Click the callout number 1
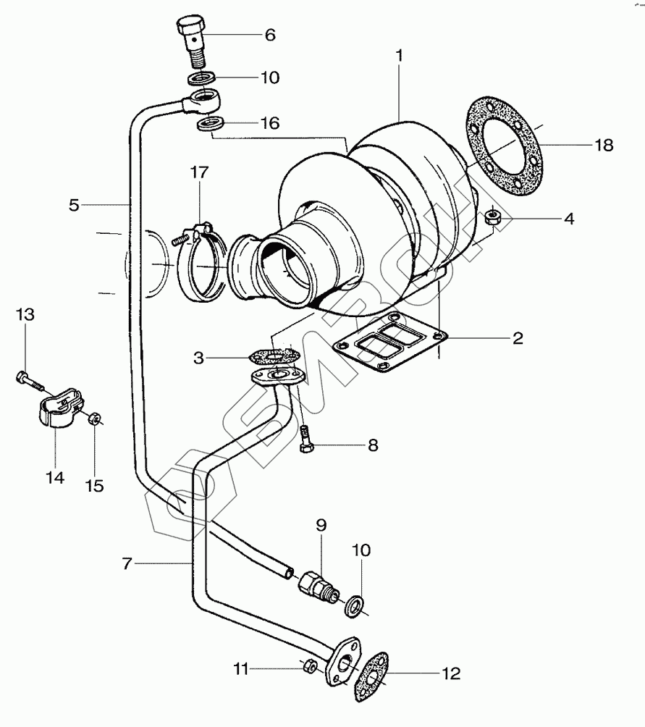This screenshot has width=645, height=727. click(399, 56)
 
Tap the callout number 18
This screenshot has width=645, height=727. click(604, 145)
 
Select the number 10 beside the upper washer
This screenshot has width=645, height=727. click(270, 77)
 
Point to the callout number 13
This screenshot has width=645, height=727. click(25, 314)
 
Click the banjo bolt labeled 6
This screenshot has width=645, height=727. click(192, 41)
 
